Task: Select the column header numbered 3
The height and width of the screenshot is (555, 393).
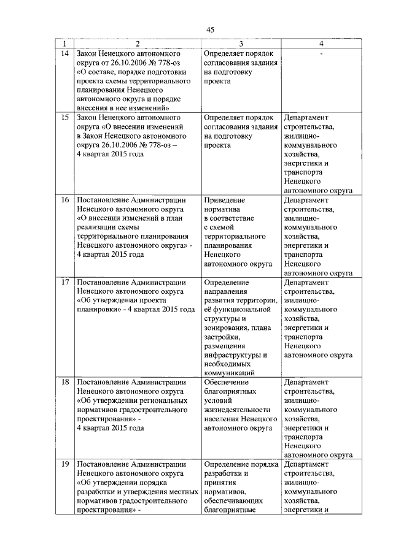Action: point(241,44)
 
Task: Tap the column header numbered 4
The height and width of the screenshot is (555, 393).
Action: point(321,44)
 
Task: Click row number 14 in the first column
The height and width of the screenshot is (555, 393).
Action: point(64,53)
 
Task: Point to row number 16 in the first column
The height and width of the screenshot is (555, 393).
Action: point(64,200)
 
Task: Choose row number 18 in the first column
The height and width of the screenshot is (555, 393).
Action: point(64,381)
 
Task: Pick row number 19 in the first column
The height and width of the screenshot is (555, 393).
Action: point(64,464)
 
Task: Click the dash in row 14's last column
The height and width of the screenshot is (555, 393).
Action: point(321,53)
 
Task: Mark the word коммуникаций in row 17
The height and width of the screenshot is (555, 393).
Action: point(229,372)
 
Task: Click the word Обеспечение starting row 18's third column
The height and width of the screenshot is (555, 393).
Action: point(226,381)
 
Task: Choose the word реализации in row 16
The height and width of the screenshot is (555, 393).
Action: point(97,227)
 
